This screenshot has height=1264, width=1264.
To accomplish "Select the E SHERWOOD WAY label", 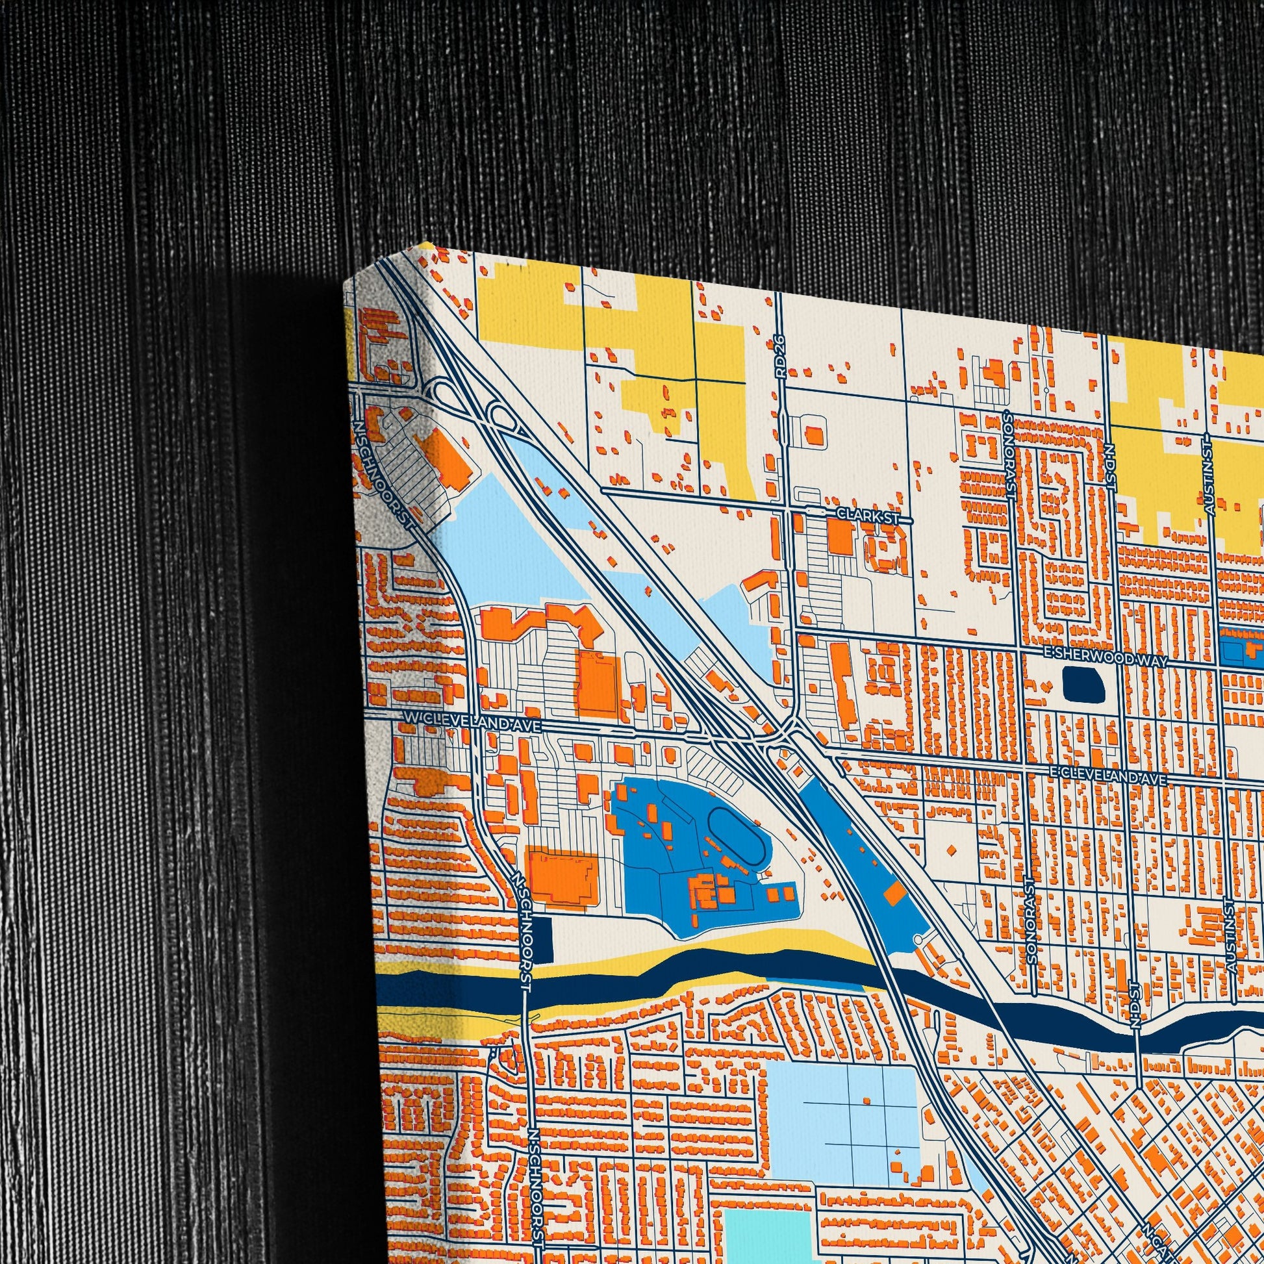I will pyautogui.click(x=1104, y=661).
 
